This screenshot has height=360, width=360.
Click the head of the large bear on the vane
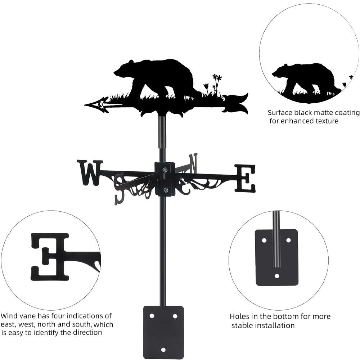122,70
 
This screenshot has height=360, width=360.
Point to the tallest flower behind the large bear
216,78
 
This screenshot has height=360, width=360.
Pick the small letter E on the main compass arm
245,178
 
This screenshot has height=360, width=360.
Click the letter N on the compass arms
193,162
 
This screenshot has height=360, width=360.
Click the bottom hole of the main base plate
163,350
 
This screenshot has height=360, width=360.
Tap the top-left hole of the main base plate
152,316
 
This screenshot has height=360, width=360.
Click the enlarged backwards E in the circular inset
50,256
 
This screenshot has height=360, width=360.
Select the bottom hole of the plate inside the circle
276,276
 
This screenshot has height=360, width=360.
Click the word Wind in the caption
9,316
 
